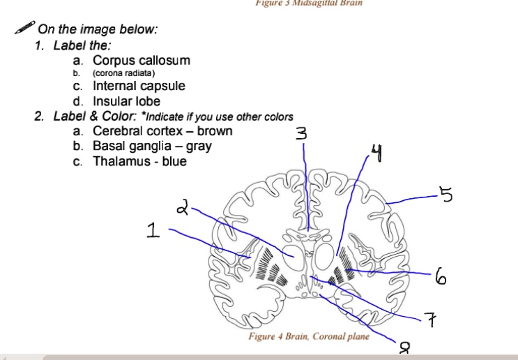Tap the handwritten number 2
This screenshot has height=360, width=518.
[183, 207]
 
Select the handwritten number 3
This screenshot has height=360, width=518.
[300, 133]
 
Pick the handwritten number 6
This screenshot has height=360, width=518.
[440, 278]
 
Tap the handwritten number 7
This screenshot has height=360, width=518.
[433, 321]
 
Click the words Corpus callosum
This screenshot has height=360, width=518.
[142, 61]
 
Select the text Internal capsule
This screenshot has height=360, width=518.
[139, 86]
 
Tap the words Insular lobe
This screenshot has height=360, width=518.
[127, 101]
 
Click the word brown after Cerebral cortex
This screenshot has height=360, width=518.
[215, 131]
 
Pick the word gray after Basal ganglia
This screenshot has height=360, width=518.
[199, 146]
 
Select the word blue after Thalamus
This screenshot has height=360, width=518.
[174, 161]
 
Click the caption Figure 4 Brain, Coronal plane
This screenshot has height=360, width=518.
[309, 336]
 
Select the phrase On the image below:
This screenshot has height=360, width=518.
[98, 29]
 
